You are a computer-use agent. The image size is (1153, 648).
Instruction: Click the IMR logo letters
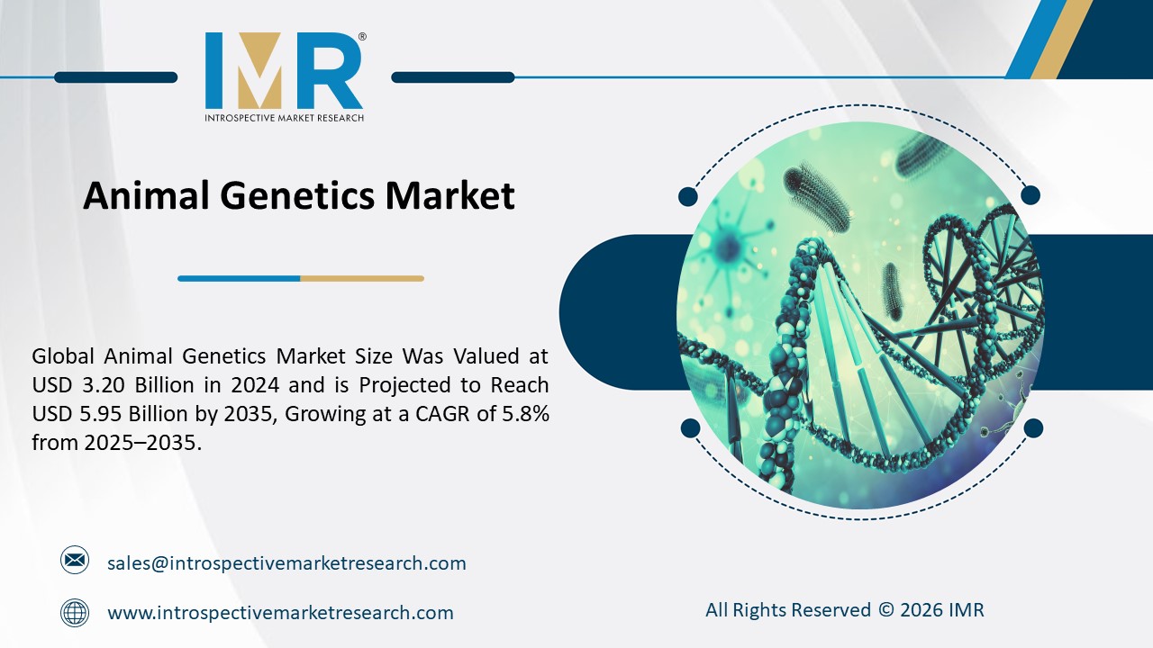click(x=284, y=71)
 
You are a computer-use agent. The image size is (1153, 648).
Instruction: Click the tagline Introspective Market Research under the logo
click(x=284, y=117)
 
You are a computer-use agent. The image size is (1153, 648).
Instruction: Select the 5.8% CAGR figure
click(x=522, y=414)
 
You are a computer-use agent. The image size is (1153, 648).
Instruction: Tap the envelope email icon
click(x=75, y=561)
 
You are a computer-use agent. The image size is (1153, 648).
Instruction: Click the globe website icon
click(x=75, y=613)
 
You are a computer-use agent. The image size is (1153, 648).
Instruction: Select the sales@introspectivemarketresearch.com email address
click(x=286, y=563)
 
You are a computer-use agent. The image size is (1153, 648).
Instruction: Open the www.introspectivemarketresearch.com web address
click(x=280, y=613)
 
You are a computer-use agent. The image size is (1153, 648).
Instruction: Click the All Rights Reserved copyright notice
click(x=844, y=610)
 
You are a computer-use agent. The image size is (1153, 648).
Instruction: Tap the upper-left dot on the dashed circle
click(x=688, y=195)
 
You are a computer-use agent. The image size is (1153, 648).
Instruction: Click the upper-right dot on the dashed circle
click(x=1030, y=195)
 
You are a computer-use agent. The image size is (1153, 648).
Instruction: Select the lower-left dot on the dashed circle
click(x=690, y=427)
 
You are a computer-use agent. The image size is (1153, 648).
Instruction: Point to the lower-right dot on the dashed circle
click(x=1033, y=427)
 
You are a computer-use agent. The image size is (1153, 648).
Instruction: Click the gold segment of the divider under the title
click(x=361, y=278)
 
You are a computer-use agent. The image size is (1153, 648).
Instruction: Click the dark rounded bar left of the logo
click(x=115, y=77)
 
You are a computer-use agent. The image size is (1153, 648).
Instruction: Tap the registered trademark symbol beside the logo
click(x=361, y=38)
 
